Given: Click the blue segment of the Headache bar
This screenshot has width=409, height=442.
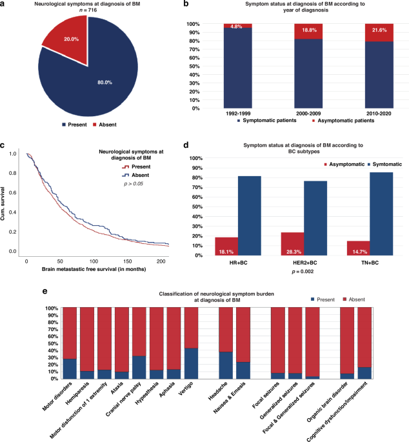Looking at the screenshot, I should pos(225,365).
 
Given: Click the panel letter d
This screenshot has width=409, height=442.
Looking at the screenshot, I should pos(186,147).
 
